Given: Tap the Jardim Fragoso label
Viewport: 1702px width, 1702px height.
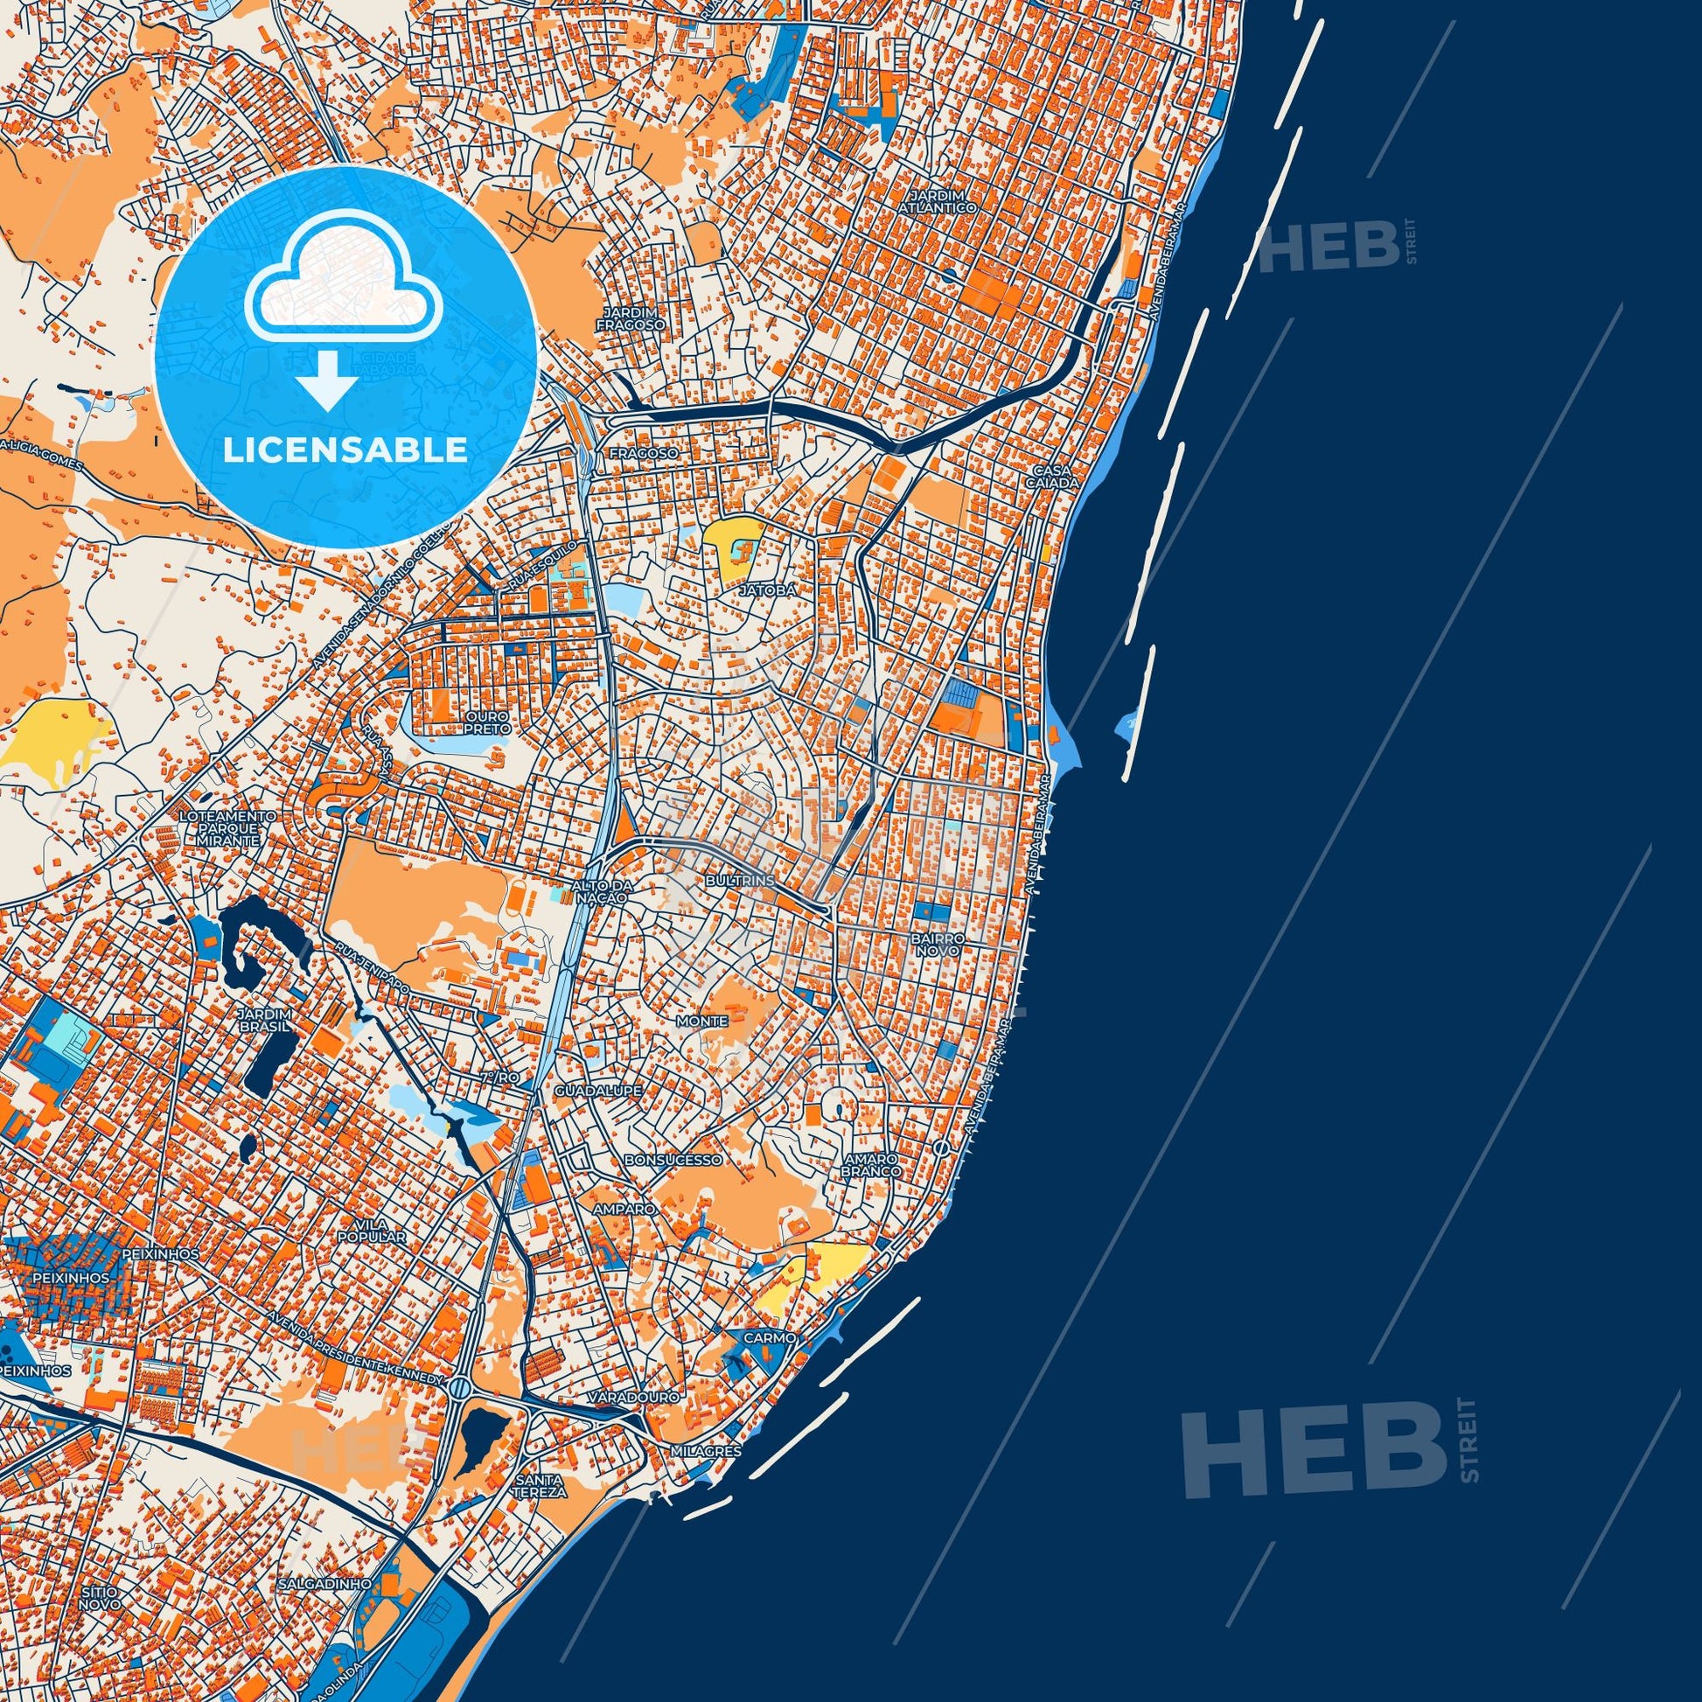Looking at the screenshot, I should tap(628, 318).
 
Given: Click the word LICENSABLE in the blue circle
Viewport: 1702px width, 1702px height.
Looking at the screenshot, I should tap(345, 450).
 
